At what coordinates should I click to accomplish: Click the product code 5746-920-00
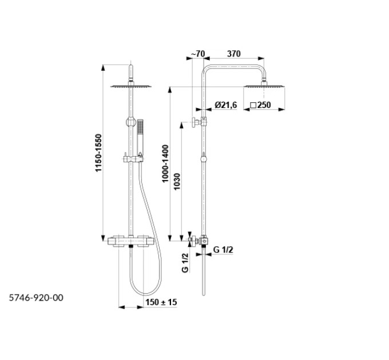point(36,298)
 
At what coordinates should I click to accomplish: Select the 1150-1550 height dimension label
point(98,153)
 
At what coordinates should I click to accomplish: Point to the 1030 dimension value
point(177,182)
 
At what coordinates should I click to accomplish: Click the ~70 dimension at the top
point(198,54)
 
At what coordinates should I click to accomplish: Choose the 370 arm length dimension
point(234,54)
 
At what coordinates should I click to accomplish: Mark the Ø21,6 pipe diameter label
point(226,105)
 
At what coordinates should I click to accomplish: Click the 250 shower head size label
point(264,105)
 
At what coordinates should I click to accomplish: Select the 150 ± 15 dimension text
point(161,302)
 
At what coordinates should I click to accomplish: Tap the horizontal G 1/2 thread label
point(223,250)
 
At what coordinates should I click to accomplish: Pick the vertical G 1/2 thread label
point(185,263)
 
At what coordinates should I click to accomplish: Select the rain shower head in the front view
point(131,86)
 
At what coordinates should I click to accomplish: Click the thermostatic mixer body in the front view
point(131,241)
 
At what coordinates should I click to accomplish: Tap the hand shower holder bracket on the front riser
point(133,159)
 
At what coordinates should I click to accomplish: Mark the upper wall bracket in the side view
point(199,122)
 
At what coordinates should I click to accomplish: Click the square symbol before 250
point(253,105)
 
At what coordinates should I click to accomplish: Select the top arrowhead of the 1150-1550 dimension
point(103,67)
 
